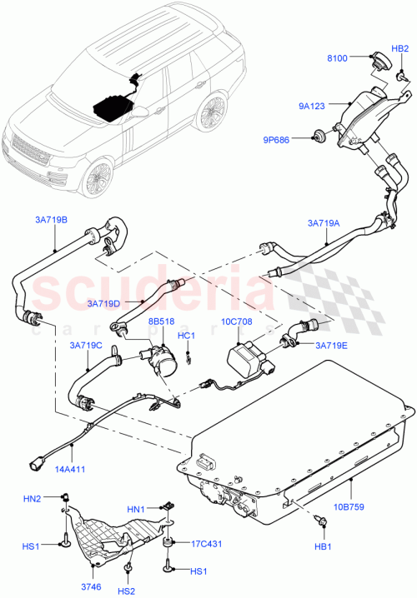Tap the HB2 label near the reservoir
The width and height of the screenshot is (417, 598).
point(400,49)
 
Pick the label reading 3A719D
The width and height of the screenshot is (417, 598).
point(101,303)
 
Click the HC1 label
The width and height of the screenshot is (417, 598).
point(187,336)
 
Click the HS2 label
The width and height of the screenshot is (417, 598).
point(128,591)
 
